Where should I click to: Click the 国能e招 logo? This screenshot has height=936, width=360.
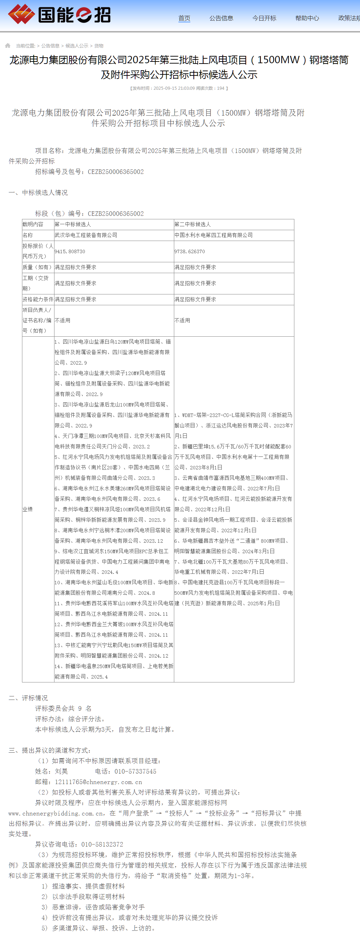point(59,15)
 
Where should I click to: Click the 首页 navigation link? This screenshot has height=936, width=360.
point(184,18)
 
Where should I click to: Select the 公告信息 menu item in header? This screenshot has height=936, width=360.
point(221,18)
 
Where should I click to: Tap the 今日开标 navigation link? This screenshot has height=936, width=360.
point(264,18)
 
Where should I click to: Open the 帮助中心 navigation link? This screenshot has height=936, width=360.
point(307,18)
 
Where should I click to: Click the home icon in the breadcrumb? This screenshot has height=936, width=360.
point(8,45)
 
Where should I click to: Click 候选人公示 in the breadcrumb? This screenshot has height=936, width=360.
point(77,46)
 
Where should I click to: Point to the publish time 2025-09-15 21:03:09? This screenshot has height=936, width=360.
point(174,88)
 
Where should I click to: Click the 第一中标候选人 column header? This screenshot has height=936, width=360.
point(73,224)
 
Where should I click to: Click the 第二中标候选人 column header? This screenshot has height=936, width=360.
point(192,224)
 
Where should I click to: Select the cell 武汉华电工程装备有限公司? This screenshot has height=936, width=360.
point(86,235)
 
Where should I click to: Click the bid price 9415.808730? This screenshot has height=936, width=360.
point(70,251)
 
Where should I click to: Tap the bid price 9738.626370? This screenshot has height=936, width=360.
point(189,251)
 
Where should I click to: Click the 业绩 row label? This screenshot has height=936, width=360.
point(28,509)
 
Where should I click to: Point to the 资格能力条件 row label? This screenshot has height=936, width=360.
point(38,299)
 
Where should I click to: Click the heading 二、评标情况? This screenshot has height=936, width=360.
point(28,698)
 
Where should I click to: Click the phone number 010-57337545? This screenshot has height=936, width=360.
point(135,771)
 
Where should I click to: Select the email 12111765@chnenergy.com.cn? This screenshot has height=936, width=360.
point(98,782)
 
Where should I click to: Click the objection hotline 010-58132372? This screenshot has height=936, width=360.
point(102,844)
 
